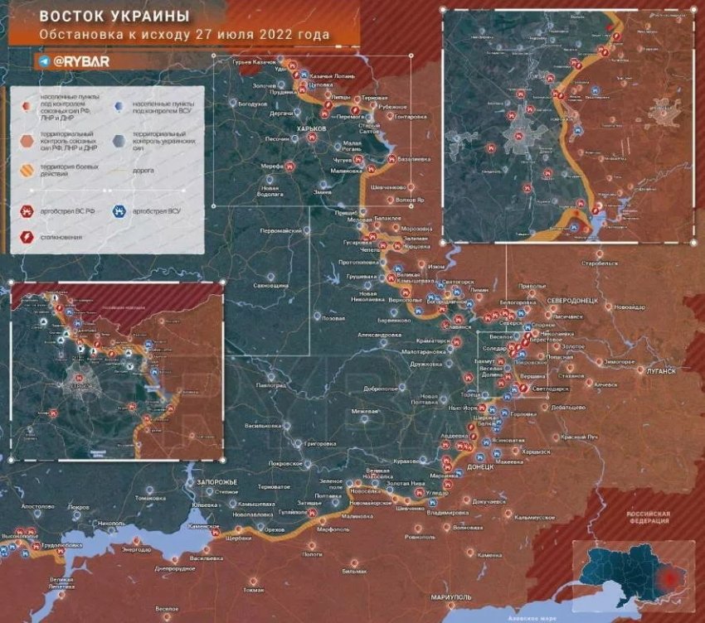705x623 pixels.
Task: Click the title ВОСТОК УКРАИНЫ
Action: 114,17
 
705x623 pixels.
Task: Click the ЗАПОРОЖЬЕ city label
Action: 216,481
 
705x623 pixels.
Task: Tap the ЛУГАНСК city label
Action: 659,372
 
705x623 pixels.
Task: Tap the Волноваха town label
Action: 469,527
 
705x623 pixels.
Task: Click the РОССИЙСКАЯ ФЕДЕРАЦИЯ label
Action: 649,517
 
